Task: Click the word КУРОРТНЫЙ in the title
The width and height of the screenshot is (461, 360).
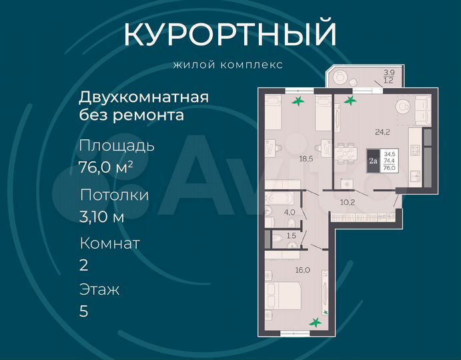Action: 230,35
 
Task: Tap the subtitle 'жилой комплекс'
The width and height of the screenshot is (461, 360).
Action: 227,65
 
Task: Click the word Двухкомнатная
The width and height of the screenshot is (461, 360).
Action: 144,97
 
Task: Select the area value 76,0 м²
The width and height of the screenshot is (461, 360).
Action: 106,167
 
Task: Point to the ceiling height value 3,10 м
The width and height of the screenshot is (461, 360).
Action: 102,215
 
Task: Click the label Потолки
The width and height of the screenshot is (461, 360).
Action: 114,195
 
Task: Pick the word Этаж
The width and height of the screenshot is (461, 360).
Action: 99,290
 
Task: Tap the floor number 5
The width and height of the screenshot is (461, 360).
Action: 84,311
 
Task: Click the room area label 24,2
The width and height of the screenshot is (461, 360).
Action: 382,132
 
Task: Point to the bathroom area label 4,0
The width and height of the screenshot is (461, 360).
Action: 290,213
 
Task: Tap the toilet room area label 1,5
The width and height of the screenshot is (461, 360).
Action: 291,236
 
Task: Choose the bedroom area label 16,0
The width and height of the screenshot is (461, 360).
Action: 303,270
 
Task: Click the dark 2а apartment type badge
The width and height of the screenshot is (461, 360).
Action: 373,160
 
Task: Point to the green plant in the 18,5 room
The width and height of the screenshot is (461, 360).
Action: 298,101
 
